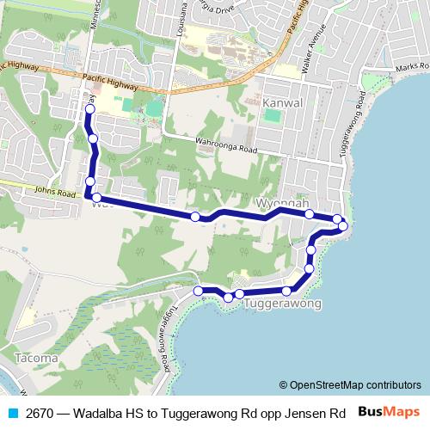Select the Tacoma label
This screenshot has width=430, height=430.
(x=36, y=357)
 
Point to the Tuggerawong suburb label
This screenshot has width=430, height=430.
(x=283, y=304)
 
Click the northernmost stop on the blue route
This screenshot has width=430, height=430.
(x=90, y=110)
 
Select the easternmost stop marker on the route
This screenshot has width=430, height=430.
(x=343, y=226)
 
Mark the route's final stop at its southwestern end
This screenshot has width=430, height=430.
(x=198, y=291)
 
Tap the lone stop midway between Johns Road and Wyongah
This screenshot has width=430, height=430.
(x=195, y=217)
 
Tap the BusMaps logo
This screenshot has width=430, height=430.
(x=388, y=411)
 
